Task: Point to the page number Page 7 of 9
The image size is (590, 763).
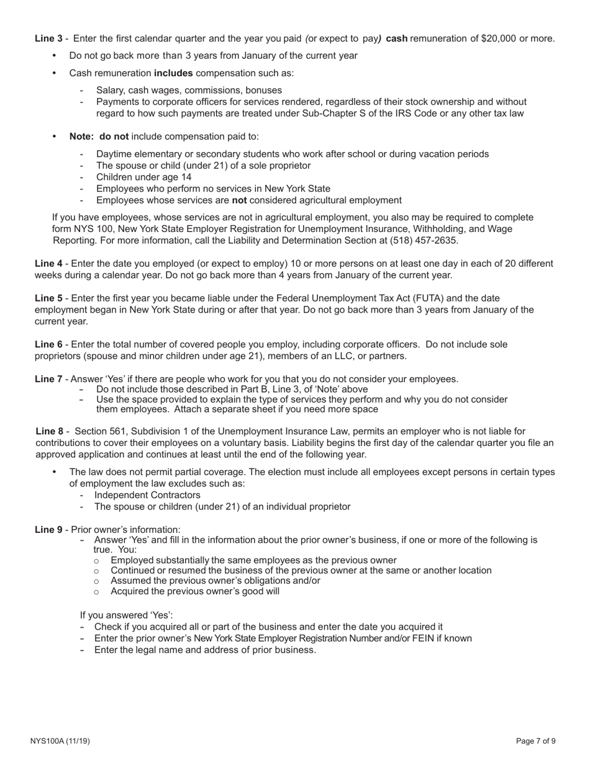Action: click(x=535, y=741)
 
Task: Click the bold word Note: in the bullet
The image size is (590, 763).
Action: click(x=81, y=136)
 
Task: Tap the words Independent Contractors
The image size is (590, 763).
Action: click(x=147, y=495)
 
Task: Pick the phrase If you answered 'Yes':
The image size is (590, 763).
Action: click(x=126, y=615)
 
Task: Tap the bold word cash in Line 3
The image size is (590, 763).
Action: click(x=397, y=38)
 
